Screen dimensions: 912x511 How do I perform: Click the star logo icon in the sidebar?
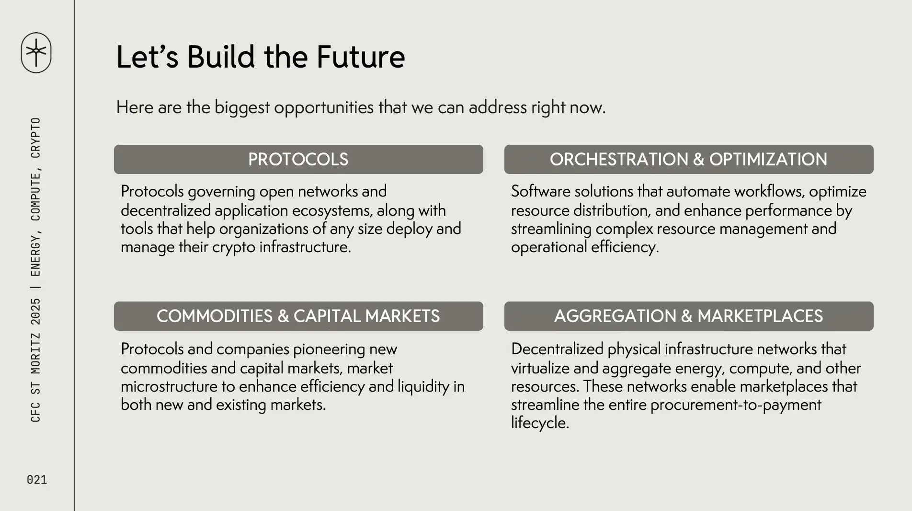pos(36,53)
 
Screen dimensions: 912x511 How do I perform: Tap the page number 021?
pos(37,480)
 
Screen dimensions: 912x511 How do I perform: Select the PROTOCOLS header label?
pos(298,160)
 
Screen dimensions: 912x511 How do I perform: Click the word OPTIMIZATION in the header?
pos(768,160)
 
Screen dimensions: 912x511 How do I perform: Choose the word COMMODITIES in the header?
pos(215,316)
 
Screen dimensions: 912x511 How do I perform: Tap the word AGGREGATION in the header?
pos(615,316)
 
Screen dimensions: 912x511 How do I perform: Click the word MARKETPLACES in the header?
pos(760,316)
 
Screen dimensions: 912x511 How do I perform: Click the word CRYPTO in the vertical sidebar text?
pos(36,138)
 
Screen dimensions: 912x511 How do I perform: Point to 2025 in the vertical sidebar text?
pos(36,312)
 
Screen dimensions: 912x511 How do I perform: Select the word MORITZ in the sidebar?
pos(36,354)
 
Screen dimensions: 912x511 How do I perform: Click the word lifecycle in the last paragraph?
pos(540,423)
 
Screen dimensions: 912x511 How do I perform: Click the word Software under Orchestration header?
pos(540,191)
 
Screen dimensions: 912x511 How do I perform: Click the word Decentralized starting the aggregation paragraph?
pos(557,349)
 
